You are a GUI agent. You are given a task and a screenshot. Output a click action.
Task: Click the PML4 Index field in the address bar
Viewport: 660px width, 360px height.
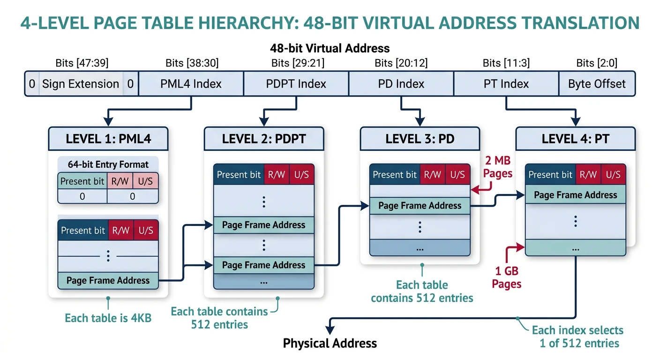pos(191,84)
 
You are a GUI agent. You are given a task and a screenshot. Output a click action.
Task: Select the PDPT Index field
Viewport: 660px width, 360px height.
pos(296,84)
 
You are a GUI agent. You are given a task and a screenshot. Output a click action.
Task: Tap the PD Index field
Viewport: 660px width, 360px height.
pos(401,84)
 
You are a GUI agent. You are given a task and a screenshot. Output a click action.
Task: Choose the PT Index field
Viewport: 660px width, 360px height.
pos(506,84)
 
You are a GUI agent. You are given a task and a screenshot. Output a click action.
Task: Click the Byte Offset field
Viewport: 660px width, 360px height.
pos(597,84)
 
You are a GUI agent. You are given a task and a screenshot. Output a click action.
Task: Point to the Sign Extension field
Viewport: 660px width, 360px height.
pos(81,84)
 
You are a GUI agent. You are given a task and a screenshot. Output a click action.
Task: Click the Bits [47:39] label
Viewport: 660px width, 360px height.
pos(82,63)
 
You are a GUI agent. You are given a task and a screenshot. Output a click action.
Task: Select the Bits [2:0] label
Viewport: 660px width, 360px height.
pos(597,63)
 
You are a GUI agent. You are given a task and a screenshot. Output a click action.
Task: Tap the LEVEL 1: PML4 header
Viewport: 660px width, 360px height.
pos(108,138)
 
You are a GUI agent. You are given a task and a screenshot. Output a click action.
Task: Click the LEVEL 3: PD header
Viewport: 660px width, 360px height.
pos(420,138)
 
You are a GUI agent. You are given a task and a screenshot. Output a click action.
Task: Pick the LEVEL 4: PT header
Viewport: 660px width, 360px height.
pos(575,138)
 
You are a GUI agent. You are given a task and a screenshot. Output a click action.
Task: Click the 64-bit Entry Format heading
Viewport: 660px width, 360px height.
pos(108,165)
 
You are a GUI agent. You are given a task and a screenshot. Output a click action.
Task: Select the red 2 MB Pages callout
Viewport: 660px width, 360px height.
pos(497,167)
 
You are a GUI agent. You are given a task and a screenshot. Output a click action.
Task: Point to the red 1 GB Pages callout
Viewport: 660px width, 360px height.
pos(507,277)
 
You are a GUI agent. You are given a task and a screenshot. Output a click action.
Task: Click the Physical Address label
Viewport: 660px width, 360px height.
pos(330,344)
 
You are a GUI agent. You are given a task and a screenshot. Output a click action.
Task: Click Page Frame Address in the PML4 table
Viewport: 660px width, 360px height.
pos(108,281)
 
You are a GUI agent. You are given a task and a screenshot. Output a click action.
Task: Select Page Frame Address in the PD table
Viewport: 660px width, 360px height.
pos(420,206)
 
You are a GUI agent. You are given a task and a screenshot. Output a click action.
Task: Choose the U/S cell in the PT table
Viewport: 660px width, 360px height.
pos(613,175)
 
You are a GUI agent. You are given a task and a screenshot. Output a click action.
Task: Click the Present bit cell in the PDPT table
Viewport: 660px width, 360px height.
pos(239,175)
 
